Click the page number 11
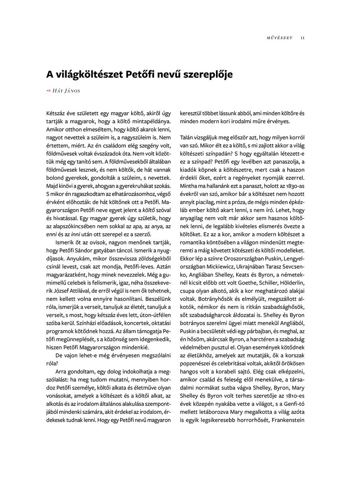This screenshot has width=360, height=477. pos(303,38)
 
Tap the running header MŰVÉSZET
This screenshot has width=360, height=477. pos(279,38)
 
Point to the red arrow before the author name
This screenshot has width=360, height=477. pos(49,91)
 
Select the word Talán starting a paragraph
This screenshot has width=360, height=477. pos(187,136)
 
